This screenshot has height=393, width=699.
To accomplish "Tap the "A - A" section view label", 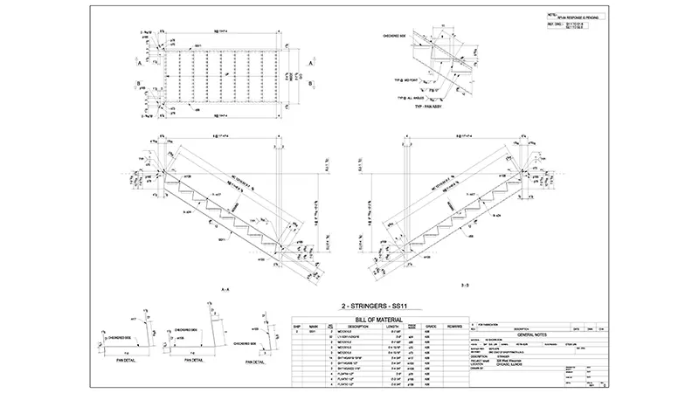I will (x=225, y=286).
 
